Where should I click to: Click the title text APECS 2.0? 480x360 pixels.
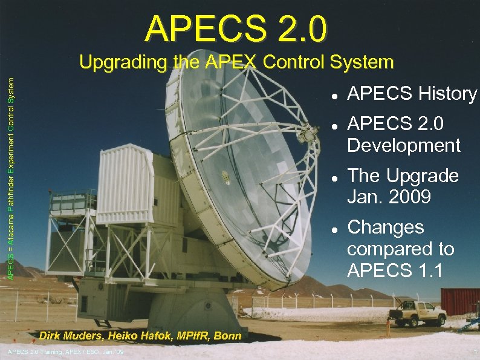tap(236, 29)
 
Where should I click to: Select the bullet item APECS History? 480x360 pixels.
tap(412, 94)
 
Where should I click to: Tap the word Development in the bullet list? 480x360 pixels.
tap(403, 145)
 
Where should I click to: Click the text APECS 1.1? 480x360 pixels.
tap(395, 270)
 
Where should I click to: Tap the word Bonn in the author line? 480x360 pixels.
tap(227, 336)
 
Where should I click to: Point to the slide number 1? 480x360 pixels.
tap(476, 353)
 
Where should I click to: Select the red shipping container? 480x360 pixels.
tap(460, 301)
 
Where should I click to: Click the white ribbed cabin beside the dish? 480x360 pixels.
tap(120, 185)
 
